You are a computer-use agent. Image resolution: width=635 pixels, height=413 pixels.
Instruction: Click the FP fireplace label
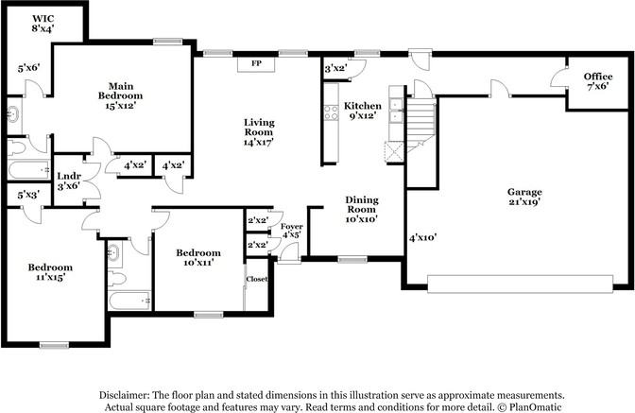point(256,63)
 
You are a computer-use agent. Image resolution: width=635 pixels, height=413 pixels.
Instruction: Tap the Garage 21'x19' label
point(524,197)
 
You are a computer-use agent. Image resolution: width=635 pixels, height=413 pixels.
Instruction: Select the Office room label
point(598,81)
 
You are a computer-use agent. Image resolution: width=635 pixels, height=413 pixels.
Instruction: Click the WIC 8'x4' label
point(43,23)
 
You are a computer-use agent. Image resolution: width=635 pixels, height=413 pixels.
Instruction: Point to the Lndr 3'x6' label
point(69,181)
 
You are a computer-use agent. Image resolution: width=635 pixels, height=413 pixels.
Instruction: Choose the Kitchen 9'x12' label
point(363,111)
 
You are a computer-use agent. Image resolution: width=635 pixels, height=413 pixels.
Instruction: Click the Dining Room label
point(362,209)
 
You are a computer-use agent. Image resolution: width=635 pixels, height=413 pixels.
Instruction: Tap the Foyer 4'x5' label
point(292,231)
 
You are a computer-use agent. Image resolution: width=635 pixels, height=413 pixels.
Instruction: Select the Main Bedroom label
point(120,96)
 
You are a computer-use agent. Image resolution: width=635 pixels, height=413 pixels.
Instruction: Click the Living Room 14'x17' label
point(259,132)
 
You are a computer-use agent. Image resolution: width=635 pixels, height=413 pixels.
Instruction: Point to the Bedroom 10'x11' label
point(198,257)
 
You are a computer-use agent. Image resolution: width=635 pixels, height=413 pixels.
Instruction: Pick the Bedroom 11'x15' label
point(50,272)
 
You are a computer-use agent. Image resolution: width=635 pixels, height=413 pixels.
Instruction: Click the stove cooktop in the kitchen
point(332,112)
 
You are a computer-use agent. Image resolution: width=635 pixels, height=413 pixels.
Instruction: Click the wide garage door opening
point(520,284)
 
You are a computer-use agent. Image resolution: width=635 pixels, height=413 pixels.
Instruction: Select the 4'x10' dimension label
point(422,237)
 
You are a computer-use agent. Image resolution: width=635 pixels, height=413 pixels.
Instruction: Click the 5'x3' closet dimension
point(28,196)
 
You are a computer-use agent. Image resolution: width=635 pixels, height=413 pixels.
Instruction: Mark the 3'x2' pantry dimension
point(336,68)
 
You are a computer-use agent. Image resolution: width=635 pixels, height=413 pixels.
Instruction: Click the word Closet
point(257,279)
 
